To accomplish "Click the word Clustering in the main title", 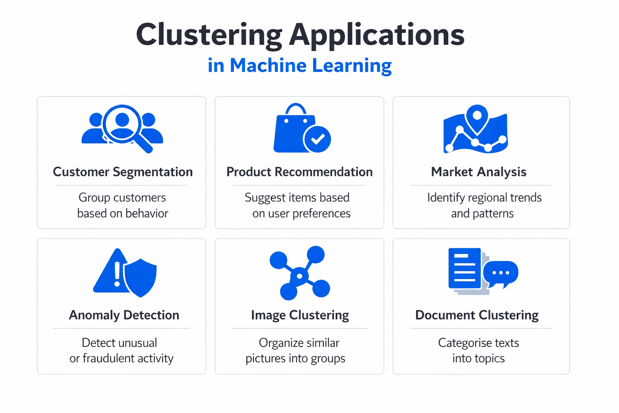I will (209, 35).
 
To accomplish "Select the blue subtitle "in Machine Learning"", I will (299, 65).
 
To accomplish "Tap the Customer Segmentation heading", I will (123, 172).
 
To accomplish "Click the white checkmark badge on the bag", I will (318, 139).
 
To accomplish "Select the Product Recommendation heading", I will (299, 172).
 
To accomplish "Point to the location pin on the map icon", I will (477, 117).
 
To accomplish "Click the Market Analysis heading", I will (478, 172).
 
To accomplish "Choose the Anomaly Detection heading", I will (124, 315).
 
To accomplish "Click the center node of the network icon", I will (299, 276).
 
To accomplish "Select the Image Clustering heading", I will (300, 315).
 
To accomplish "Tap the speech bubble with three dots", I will (501, 273).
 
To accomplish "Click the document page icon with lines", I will (464, 269).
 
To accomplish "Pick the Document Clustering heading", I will (477, 315).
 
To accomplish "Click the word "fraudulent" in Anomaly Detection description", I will (108, 358).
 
